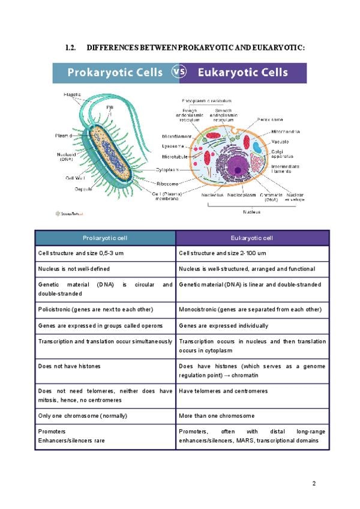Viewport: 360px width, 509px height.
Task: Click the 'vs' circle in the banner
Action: (x=179, y=73)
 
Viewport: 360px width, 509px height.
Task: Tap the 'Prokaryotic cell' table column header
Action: (x=106, y=238)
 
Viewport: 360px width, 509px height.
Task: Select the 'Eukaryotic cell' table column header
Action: (x=252, y=238)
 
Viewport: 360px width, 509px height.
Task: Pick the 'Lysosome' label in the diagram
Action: (x=173, y=146)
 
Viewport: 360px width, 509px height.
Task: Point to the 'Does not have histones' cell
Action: (x=69, y=366)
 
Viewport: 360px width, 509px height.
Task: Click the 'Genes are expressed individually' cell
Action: (x=223, y=326)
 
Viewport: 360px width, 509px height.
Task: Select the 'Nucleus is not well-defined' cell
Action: (x=74, y=269)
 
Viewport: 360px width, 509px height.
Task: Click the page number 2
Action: (x=313, y=483)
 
